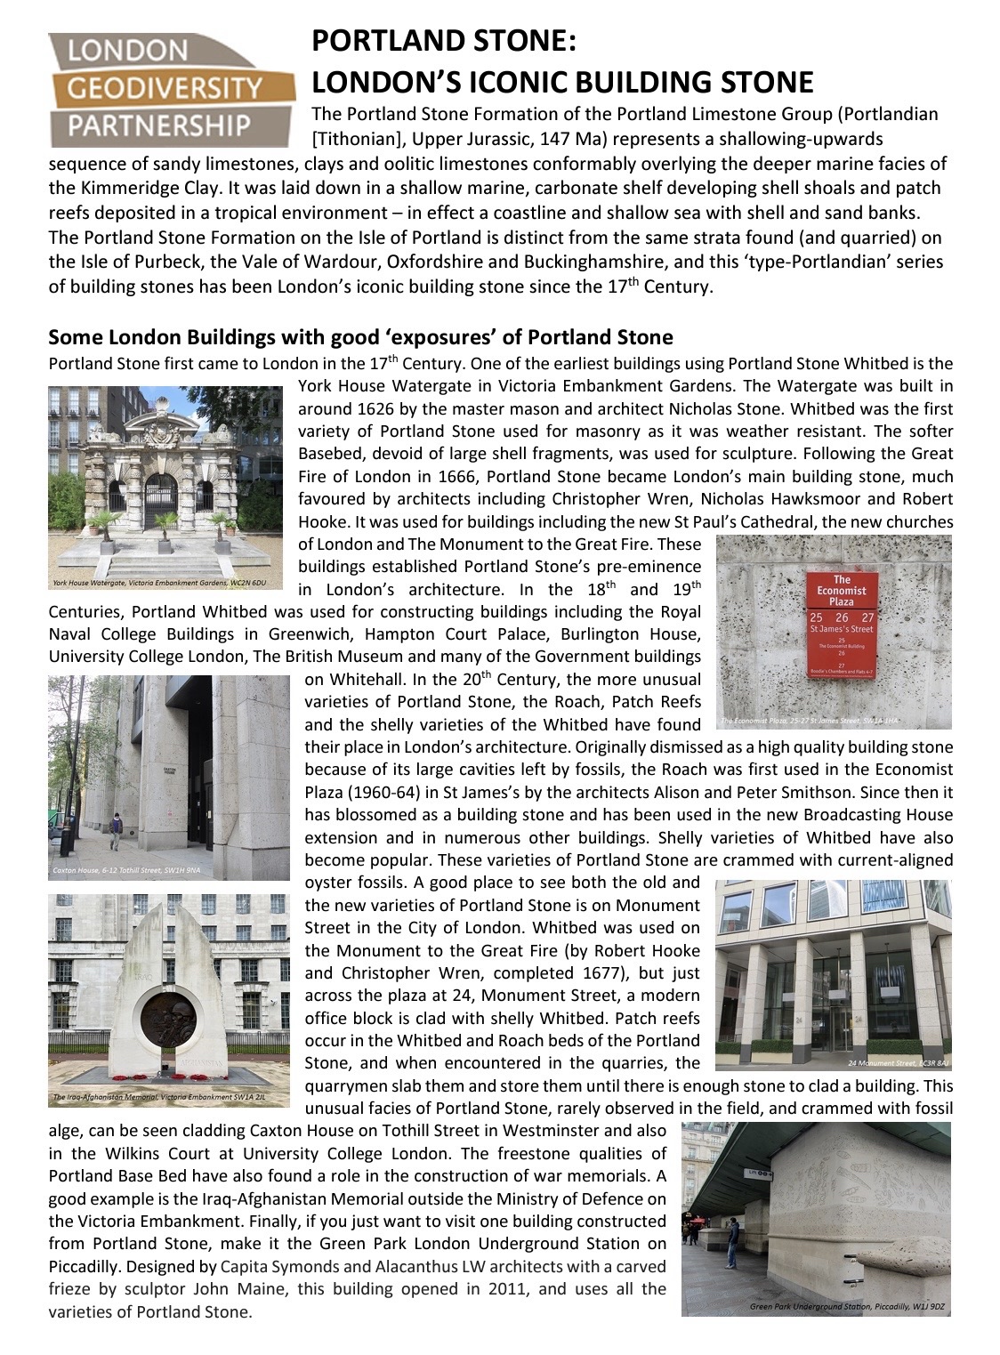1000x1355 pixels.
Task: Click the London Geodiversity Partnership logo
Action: (x=169, y=88)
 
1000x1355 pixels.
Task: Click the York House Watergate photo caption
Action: (x=165, y=585)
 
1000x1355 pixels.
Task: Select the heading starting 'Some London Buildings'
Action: (x=360, y=337)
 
